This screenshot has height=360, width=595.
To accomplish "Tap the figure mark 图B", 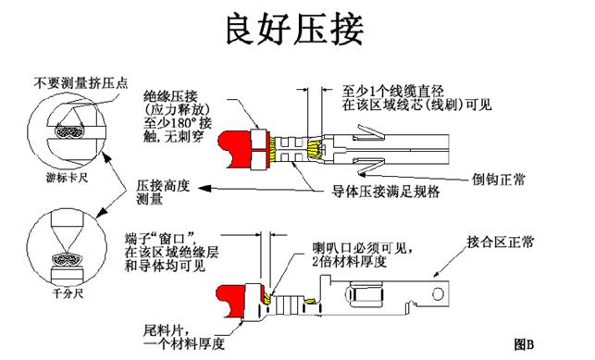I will (524, 343).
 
